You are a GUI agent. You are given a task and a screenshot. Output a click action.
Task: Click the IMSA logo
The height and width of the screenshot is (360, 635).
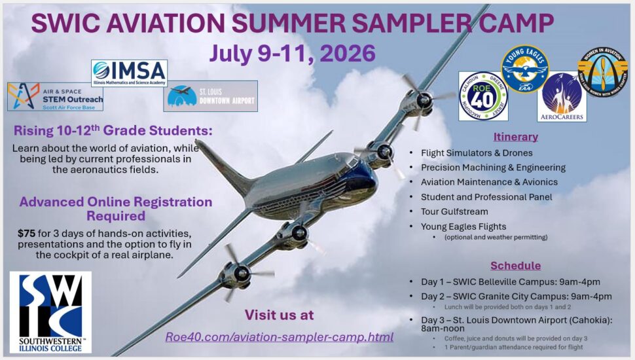129,73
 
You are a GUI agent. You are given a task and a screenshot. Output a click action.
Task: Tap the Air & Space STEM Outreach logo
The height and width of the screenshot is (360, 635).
55,96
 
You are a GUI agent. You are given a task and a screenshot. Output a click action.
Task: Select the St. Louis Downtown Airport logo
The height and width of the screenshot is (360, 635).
210,96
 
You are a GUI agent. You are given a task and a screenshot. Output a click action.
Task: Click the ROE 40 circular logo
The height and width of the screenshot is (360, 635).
483,96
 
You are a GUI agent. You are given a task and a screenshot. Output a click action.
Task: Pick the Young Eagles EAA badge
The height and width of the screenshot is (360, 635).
525,68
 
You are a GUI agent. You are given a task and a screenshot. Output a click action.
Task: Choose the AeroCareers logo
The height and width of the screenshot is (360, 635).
562,96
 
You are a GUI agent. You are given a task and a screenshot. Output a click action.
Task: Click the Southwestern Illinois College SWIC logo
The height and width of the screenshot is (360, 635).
50,312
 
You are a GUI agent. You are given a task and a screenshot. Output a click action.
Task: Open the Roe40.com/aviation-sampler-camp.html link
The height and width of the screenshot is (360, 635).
279,337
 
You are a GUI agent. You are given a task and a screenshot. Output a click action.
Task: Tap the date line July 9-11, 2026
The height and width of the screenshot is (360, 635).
292,53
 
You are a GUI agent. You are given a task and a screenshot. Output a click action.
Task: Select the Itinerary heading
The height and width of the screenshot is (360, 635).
515,137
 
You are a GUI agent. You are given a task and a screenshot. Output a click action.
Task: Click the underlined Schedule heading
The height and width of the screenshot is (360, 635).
516,265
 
